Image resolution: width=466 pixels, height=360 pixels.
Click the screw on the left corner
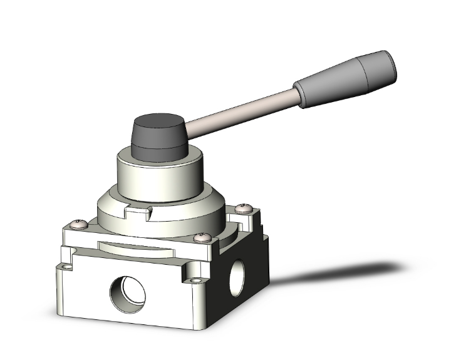(x=79, y=222)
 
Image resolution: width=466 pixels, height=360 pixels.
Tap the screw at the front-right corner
(x=200, y=237)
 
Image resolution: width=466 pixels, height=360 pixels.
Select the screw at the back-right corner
(x=244, y=208)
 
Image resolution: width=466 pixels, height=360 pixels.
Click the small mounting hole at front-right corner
(x=197, y=281)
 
